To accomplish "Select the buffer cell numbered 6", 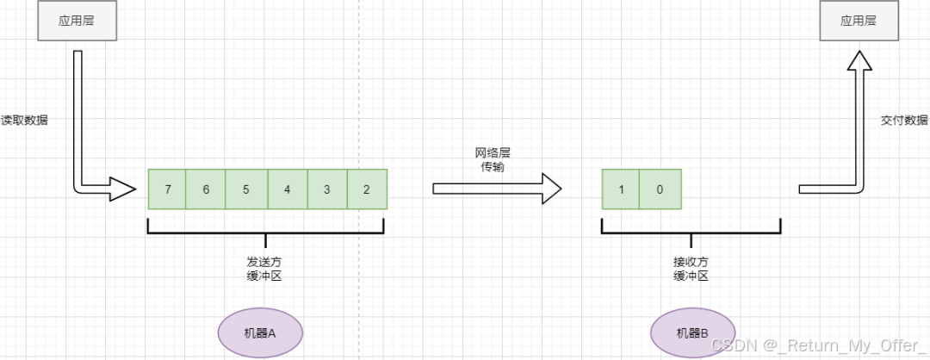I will coord(206,189).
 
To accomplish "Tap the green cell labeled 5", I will coord(246,189).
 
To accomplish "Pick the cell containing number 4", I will coord(287,189).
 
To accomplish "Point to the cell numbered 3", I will coord(326,189).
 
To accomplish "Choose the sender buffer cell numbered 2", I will coord(367,189).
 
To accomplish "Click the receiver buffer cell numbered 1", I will coord(620,189).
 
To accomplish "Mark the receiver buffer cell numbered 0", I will coord(660,189).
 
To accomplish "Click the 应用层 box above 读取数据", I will coord(76,22).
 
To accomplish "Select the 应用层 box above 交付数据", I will coord(859,22).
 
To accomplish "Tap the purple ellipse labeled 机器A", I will coord(259,332).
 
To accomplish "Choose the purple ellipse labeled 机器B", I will coord(692,332).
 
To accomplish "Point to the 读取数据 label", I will coord(24,121).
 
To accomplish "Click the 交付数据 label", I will coord(905,121).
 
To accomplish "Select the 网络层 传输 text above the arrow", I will coord(493,159).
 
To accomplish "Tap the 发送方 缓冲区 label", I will coord(265,268).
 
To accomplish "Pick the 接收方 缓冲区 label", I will coord(691,268).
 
